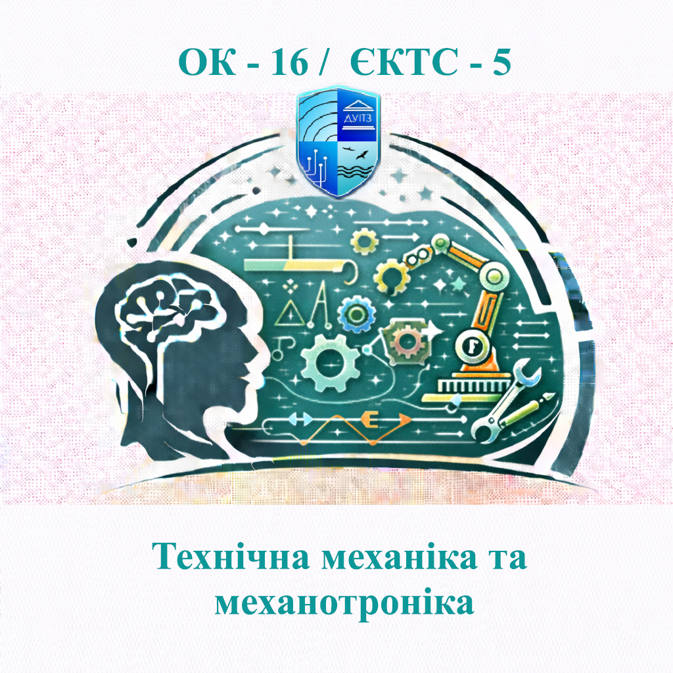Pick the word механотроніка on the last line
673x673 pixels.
(344, 603)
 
